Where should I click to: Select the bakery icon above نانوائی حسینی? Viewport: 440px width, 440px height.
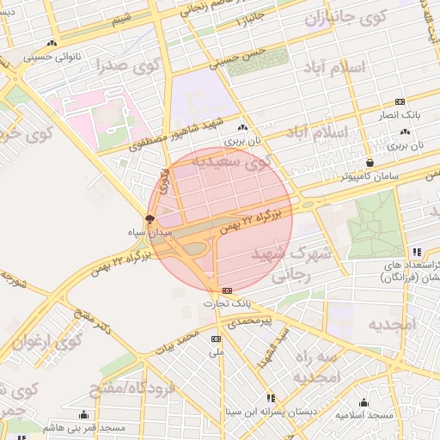53,43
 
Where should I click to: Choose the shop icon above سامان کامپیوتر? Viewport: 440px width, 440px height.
370,162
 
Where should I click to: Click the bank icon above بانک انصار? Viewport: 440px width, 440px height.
400,101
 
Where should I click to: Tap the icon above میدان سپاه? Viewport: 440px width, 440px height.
150,219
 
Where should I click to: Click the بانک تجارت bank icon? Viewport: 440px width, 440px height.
227,290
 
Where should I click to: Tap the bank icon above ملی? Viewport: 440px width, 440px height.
216,339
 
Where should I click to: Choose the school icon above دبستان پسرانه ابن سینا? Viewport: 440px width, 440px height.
271,398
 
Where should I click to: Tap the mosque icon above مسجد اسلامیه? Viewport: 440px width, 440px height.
363,402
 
